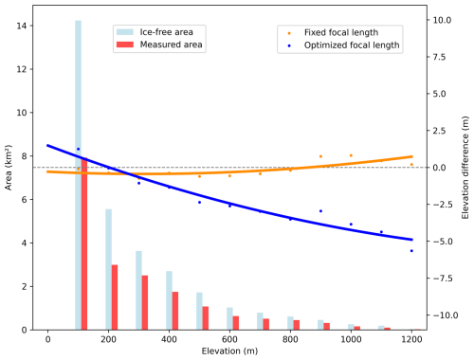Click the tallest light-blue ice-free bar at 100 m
coord(78,171)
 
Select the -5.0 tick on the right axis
coord(447,242)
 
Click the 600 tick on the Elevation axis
coord(229,339)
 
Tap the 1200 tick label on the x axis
coord(411,339)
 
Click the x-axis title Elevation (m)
coord(229,351)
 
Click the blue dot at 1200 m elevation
coord(411,250)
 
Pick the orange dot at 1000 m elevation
coord(351,155)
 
